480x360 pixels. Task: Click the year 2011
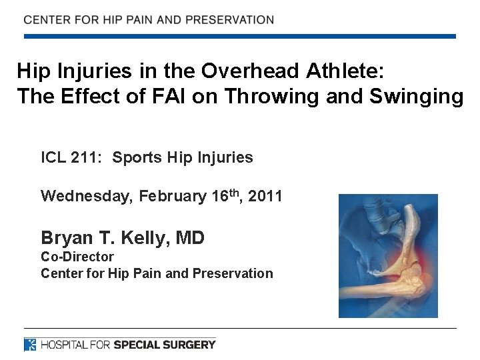pyautogui.click(x=265, y=197)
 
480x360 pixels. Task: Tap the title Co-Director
pyautogui.click(x=77, y=257)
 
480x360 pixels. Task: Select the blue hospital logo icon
pyautogui.click(x=30, y=345)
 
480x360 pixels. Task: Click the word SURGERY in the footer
pyautogui.click(x=189, y=345)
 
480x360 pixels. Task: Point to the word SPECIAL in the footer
pyautogui.click(x=136, y=345)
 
